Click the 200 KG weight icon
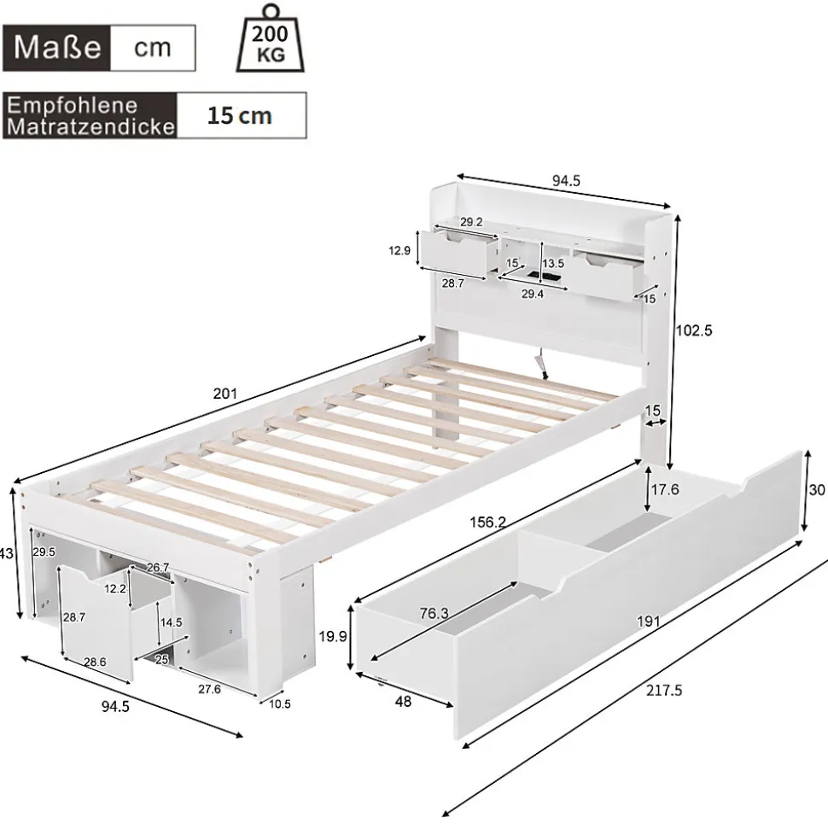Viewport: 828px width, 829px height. tap(271, 38)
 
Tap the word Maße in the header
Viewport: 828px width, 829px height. tap(57, 48)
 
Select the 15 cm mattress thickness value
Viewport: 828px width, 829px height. tap(240, 116)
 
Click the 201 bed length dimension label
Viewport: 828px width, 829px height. tap(225, 394)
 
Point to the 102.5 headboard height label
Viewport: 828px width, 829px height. tap(694, 330)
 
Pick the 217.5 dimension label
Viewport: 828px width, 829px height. tap(664, 691)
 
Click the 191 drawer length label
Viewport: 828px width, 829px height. tap(648, 622)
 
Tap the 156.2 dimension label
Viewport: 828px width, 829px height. tap(488, 523)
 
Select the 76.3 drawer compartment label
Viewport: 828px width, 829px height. tap(434, 613)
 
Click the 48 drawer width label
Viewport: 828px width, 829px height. tap(404, 702)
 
